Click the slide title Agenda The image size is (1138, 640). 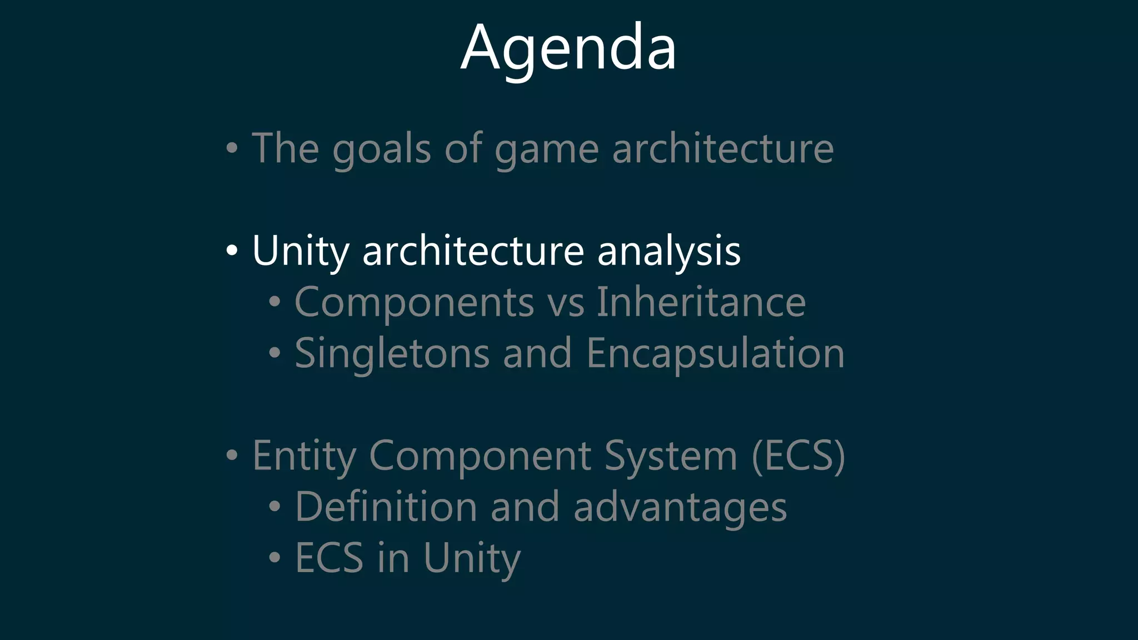coord(568,49)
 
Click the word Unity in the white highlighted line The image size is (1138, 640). coord(300,251)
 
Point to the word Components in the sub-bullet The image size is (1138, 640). coord(414,302)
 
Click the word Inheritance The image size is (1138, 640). coord(701,302)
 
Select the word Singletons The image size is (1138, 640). coord(392,353)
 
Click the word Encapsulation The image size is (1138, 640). coord(715,353)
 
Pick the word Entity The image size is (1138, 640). coord(303,456)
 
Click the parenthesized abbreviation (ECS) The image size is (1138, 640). coord(798,456)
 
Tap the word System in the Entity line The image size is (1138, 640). coord(670,456)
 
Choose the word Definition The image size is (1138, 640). coord(386,507)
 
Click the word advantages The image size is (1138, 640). coord(680,508)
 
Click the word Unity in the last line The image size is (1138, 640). coord(472,558)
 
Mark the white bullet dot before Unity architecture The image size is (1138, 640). coord(232,251)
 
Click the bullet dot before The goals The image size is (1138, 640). coord(232,149)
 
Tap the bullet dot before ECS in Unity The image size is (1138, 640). coord(274,557)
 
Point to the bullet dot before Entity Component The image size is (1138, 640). coord(232,456)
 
